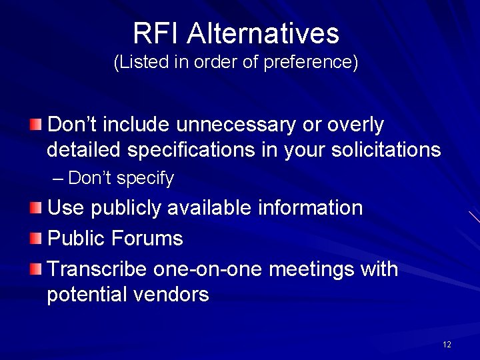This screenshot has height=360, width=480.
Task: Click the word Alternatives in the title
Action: coord(263,33)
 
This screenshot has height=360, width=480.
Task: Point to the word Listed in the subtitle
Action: coord(141,63)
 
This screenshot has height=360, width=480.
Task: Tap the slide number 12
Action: coord(447,344)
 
